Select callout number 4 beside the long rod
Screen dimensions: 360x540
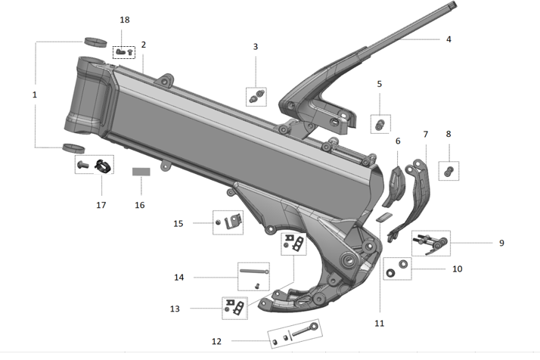click(448, 38)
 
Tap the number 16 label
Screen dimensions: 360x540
click(139, 205)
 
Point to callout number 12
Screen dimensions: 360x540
click(217, 342)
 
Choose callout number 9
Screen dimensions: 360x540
click(501, 243)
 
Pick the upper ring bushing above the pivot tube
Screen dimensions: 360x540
click(94, 40)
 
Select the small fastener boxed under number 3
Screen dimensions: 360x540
click(257, 96)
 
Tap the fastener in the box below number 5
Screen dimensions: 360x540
click(380, 122)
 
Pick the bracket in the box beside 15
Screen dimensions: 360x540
click(234, 220)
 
